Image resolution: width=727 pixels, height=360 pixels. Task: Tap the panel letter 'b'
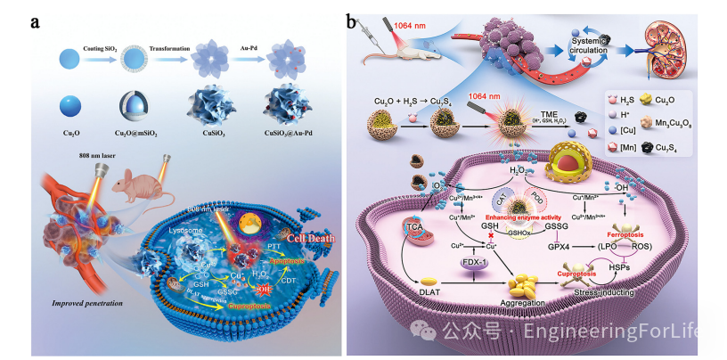(354, 20)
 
